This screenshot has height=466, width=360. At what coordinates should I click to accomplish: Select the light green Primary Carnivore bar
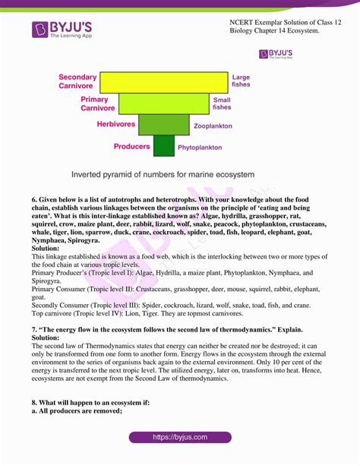point(163,103)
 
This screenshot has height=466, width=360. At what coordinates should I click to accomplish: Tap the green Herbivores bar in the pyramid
point(163,124)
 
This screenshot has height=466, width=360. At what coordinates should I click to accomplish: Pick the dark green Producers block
point(163,145)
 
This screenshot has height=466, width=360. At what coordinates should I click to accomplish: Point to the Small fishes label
point(222,103)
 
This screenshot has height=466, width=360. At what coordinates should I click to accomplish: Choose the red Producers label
point(132,146)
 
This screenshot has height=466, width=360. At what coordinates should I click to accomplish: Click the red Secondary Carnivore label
point(77,82)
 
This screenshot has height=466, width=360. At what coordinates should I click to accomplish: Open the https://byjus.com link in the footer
point(180,437)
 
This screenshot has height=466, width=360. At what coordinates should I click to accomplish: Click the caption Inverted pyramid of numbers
point(163,174)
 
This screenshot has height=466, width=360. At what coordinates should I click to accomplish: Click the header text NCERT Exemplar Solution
point(281,24)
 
